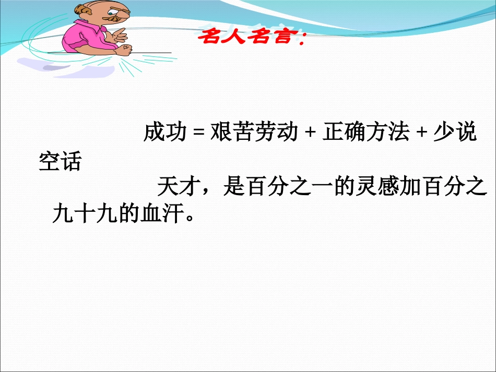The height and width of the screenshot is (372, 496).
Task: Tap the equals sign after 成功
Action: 197,134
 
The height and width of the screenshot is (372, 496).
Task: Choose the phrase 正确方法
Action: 365,133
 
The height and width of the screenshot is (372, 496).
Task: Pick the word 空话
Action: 60,162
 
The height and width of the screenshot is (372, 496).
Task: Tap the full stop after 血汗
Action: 190,218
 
